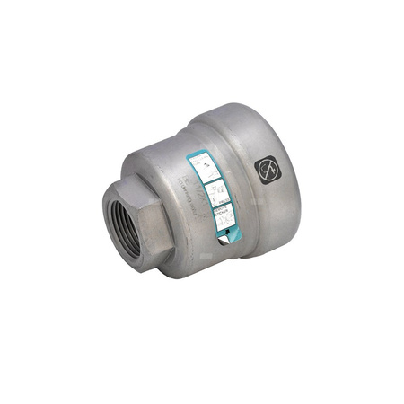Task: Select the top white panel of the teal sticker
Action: point(206,165)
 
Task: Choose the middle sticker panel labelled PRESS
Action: point(215,190)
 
